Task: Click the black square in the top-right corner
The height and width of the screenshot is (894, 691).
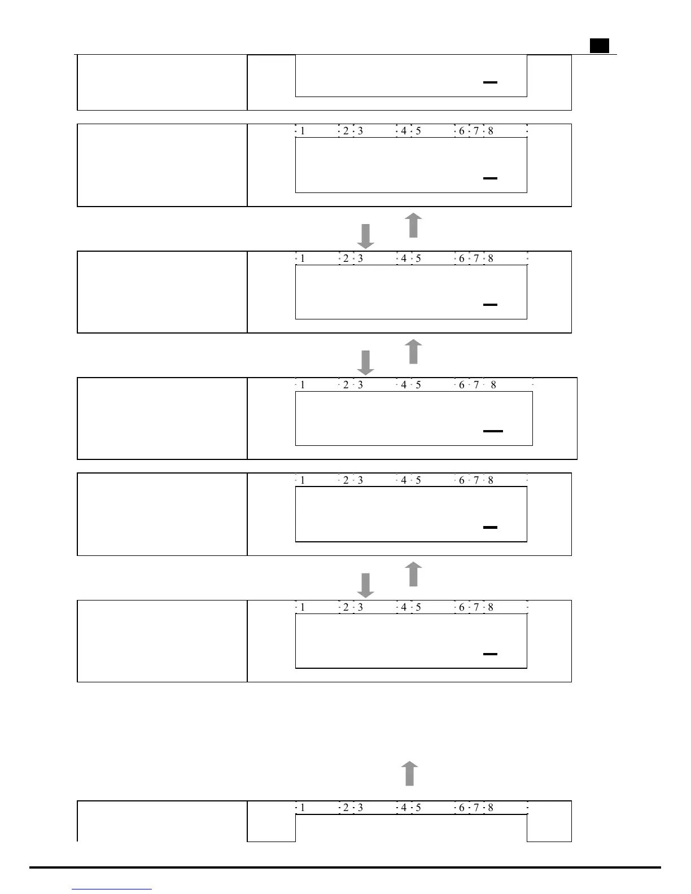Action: [x=600, y=46]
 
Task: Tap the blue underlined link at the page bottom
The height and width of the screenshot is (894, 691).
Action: [x=112, y=889]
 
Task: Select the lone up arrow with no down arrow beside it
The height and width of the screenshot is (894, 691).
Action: [x=410, y=773]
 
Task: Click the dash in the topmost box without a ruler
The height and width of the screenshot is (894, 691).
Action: [x=490, y=82]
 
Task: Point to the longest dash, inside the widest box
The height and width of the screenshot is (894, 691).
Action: [x=493, y=431]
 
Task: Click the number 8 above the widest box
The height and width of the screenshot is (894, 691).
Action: [x=493, y=385]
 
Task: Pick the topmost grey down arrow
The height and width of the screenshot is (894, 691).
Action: [x=366, y=236]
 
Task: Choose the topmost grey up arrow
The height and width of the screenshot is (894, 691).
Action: [x=413, y=225]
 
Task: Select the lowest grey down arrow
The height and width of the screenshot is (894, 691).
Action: [x=366, y=585]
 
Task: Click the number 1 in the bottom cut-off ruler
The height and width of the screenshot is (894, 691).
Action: [x=303, y=808]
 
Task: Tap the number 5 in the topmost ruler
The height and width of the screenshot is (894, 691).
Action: [x=418, y=131]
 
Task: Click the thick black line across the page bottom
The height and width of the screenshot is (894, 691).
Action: [x=345, y=867]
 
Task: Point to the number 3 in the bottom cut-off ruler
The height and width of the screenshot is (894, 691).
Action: [x=360, y=808]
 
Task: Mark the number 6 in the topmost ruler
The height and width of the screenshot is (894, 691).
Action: [x=461, y=131]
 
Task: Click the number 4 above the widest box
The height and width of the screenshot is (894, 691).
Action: [x=404, y=385]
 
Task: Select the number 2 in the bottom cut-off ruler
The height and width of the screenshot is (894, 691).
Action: [x=346, y=808]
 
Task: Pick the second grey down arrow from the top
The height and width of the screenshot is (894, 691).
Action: [x=366, y=362]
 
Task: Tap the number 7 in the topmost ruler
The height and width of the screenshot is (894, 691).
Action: [x=476, y=131]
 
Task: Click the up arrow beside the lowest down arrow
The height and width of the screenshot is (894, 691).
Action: [x=413, y=574]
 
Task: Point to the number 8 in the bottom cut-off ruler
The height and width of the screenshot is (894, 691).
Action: [x=491, y=808]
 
